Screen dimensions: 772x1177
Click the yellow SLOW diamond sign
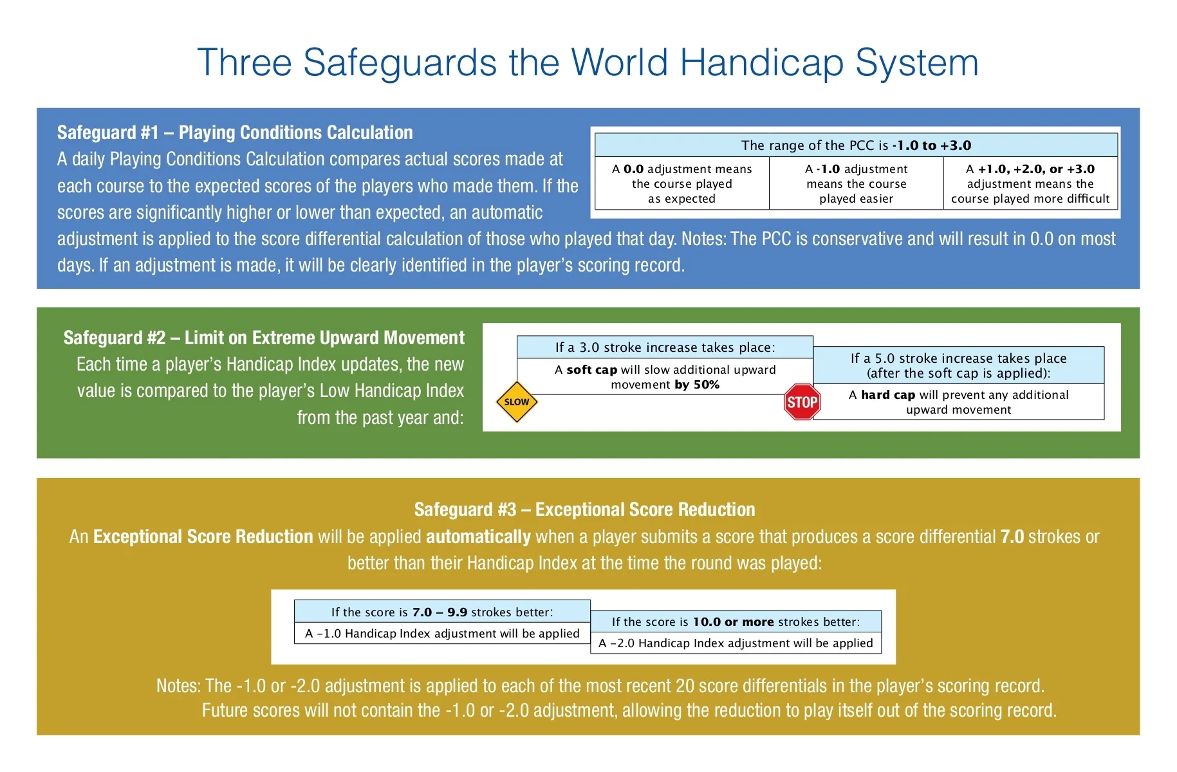516,402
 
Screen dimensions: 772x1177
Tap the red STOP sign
802,402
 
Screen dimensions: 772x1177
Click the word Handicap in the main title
761,63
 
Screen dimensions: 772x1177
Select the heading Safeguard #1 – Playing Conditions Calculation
235,133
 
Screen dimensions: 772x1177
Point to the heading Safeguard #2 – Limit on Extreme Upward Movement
264,338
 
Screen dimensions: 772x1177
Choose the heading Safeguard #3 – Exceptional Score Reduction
584,510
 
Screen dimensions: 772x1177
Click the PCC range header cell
856,145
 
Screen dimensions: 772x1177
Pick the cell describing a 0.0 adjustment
681,184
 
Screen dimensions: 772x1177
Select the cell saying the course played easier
856,184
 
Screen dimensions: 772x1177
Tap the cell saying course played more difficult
1030,184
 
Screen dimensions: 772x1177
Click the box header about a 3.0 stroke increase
665,347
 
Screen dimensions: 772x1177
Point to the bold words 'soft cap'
591,370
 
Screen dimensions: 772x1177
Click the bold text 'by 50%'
697,385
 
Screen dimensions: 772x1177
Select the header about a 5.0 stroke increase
958,365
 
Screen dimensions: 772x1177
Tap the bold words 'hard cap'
888,395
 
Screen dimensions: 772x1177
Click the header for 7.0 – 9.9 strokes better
442,612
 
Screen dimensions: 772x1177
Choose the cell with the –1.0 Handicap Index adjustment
442,634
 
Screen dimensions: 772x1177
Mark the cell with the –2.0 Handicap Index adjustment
736,643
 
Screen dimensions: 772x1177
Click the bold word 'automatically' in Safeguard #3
478,537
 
